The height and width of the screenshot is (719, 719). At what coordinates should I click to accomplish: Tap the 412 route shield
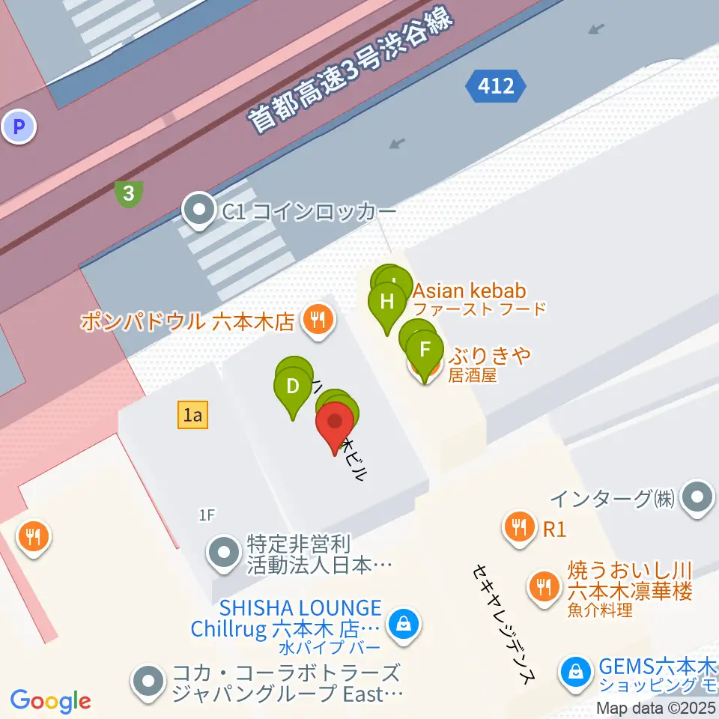pyautogui.click(x=495, y=86)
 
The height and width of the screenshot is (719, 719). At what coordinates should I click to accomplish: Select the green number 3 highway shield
pyautogui.click(x=130, y=194)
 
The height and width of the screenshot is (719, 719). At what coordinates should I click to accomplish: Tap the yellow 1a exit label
pyautogui.click(x=192, y=414)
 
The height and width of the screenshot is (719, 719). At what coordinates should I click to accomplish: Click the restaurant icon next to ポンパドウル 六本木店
pyautogui.click(x=318, y=321)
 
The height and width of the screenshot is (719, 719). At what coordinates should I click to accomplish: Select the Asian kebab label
pyautogui.click(x=470, y=291)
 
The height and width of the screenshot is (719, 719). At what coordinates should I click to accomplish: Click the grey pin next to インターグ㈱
pyautogui.click(x=699, y=496)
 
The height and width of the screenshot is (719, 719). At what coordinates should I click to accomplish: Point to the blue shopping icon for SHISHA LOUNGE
pyautogui.click(x=403, y=623)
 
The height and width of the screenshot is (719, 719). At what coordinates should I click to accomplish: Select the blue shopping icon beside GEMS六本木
pyautogui.click(x=575, y=670)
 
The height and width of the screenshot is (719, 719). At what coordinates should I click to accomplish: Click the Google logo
pyautogui.click(x=50, y=700)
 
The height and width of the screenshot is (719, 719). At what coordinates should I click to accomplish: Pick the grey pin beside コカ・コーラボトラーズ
pyautogui.click(x=148, y=681)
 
